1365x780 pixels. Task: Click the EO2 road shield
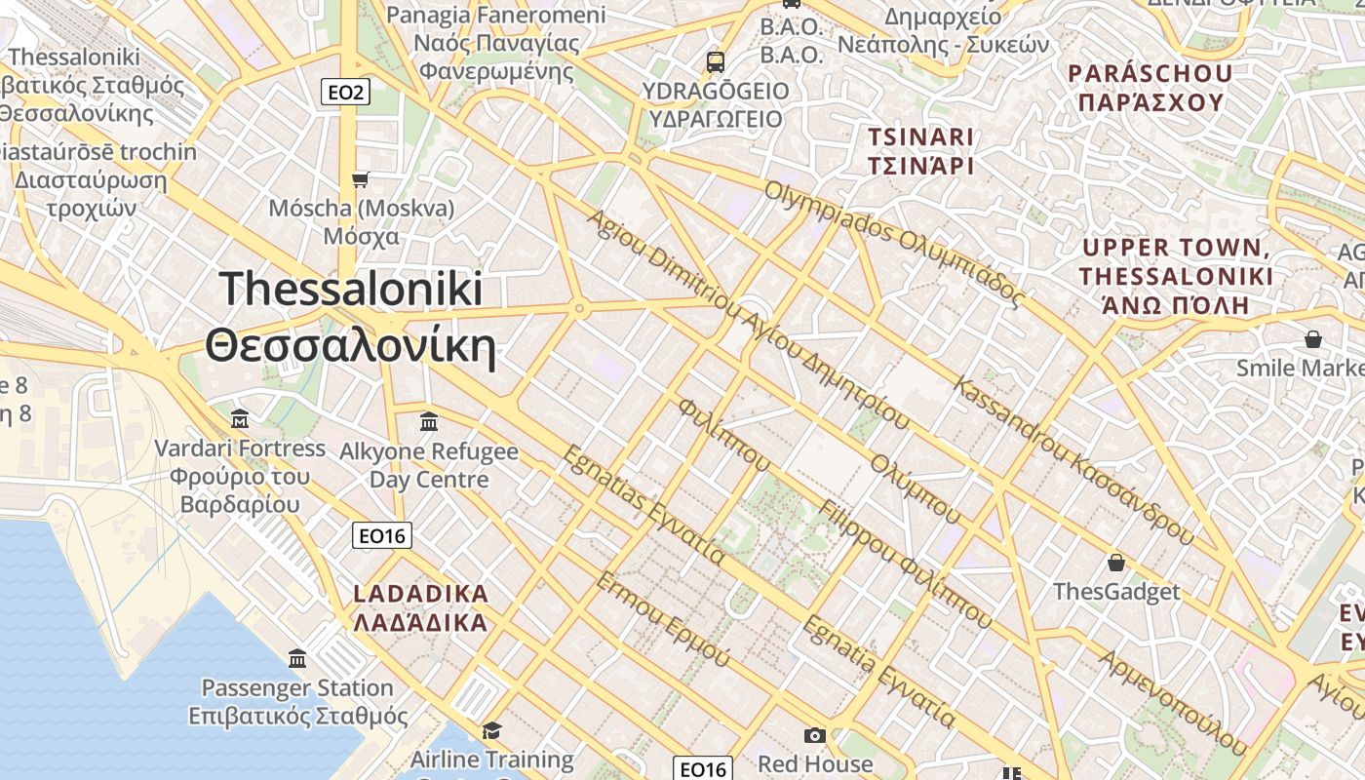pyautogui.click(x=345, y=93)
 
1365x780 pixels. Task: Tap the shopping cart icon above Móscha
pyautogui.click(x=360, y=179)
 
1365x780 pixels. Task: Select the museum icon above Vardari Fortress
pyautogui.click(x=240, y=419)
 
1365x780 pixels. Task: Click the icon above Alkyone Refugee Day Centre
pyautogui.click(x=428, y=421)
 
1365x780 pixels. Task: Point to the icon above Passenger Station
pyautogui.click(x=297, y=658)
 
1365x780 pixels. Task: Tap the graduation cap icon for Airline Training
pyautogui.click(x=491, y=730)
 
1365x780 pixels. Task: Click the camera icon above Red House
pyautogui.click(x=814, y=735)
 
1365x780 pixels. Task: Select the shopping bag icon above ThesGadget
pyautogui.click(x=1115, y=563)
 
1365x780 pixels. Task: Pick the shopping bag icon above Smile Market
pyautogui.click(x=1312, y=339)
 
